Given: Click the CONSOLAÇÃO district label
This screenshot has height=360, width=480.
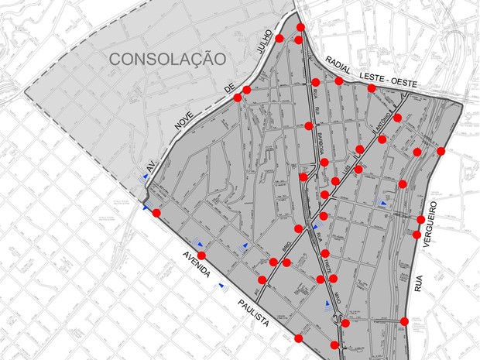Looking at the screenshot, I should (x=167, y=58).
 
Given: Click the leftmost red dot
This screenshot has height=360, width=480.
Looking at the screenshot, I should (x=156, y=213).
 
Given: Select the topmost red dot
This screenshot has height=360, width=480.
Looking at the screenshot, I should (x=299, y=29).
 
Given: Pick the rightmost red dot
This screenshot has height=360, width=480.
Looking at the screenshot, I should (x=441, y=151).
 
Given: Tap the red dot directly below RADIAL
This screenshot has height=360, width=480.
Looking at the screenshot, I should (x=339, y=81).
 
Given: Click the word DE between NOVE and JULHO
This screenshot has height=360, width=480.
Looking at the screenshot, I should (x=229, y=91).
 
